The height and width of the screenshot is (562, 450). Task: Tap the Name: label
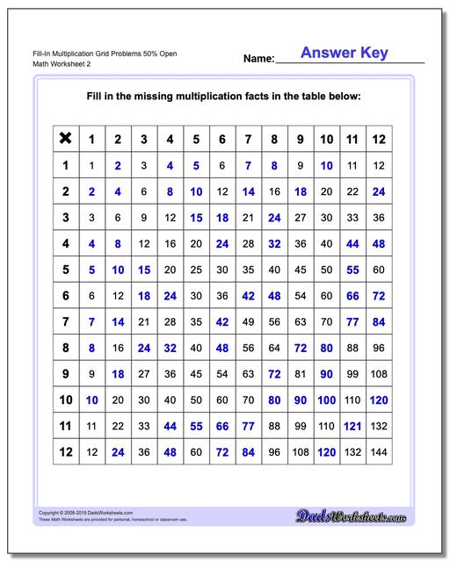[x=258, y=60]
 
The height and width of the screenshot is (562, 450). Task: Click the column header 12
[x=378, y=139]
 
